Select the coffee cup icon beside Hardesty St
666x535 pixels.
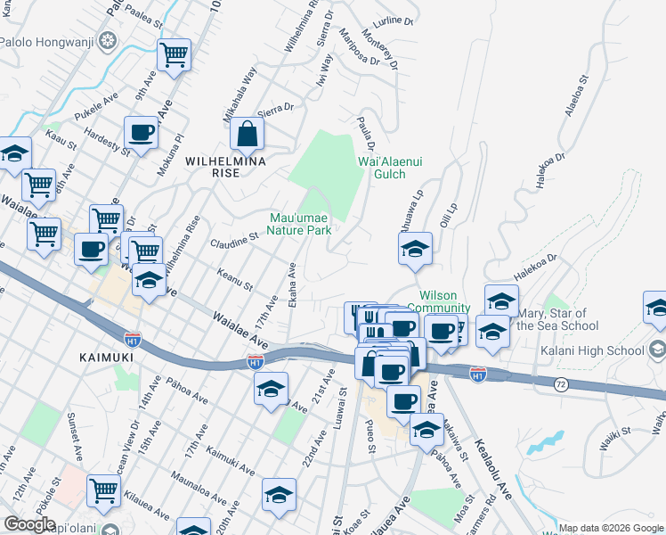tap(141, 133)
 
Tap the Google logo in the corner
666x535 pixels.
tap(29, 524)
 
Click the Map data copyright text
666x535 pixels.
tap(612, 528)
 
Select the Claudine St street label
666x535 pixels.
tap(233, 239)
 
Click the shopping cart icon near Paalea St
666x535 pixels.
tap(175, 54)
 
